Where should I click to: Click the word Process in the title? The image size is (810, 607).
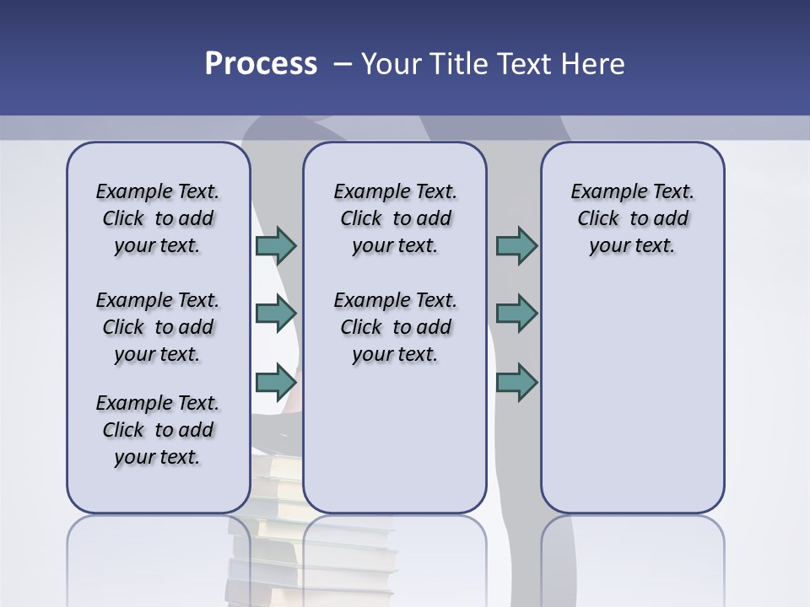point(261,64)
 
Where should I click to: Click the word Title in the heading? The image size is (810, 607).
point(461,64)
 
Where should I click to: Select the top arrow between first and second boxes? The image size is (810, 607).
point(276,245)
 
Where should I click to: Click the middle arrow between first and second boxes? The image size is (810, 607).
point(276,314)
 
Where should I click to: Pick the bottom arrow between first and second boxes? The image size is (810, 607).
point(276,382)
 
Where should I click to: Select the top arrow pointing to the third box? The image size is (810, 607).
point(516,245)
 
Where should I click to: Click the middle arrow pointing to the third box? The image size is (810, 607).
point(516,314)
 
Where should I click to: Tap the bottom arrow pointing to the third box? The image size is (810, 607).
point(516,382)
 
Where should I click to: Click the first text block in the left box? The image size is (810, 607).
point(158,218)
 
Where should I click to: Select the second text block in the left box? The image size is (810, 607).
point(158,327)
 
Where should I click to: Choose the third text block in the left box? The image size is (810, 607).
point(158,430)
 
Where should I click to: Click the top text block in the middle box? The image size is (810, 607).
point(395,218)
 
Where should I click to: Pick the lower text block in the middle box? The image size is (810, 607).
point(395,327)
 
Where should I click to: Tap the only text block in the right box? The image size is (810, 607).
point(632,218)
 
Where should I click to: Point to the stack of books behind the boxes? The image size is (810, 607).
point(278,489)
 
